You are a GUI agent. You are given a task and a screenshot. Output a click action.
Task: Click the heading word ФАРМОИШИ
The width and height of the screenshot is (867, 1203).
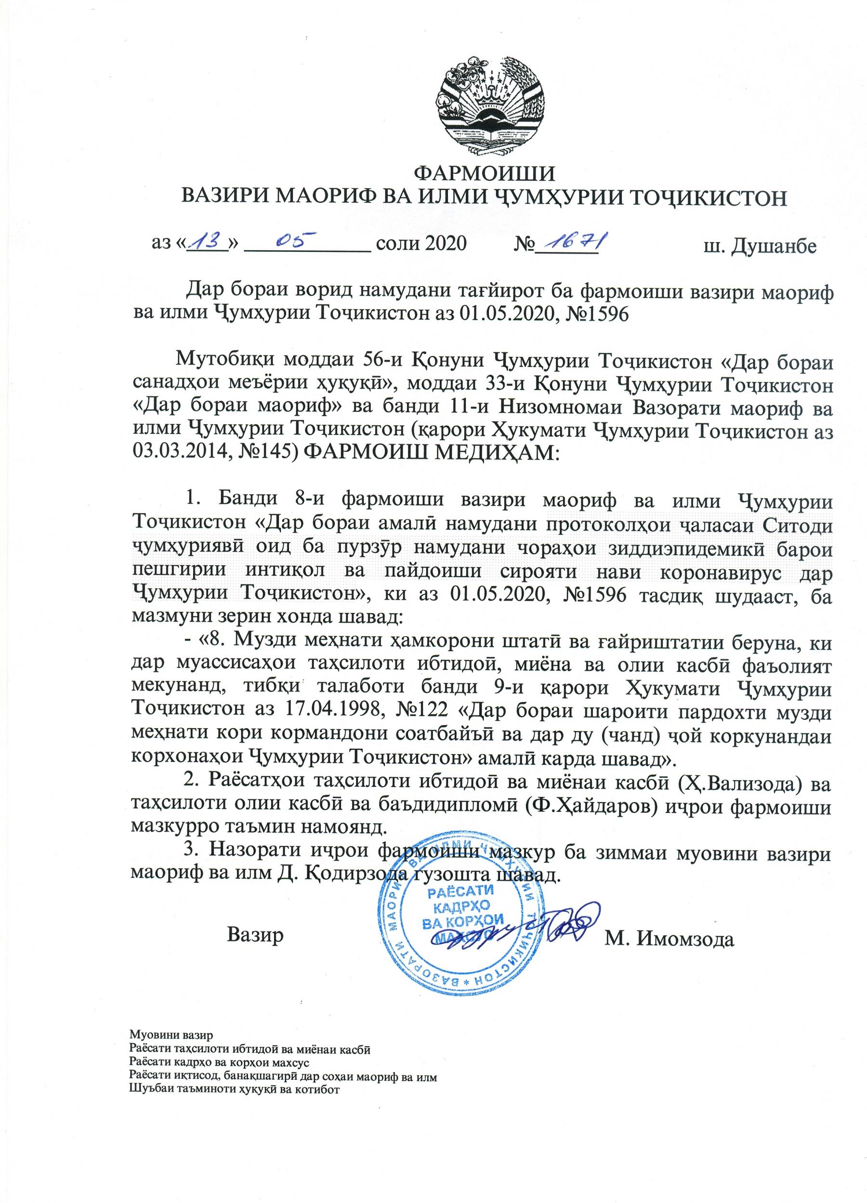pyautogui.click(x=484, y=174)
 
